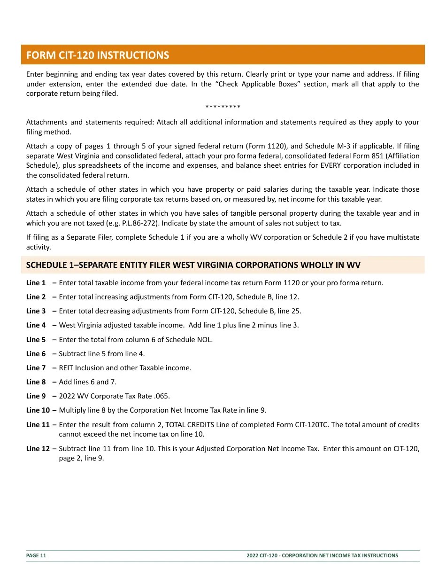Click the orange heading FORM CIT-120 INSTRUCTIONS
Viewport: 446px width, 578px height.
(x=98, y=55)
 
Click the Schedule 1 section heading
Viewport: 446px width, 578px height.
(x=193, y=265)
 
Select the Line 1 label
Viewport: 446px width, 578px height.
(x=36, y=283)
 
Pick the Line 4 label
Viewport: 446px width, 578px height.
(x=36, y=325)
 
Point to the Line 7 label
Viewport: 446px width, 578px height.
(x=36, y=368)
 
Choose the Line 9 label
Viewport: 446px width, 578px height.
(x=36, y=396)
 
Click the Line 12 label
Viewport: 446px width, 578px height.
(x=38, y=449)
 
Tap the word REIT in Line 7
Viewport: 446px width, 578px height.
(x=67, y=368)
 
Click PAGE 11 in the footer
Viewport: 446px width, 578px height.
(x=36, y=555)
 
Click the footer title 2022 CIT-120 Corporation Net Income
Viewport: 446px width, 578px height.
(x=322, y=555)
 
